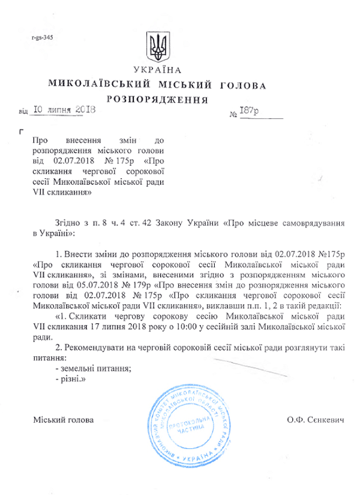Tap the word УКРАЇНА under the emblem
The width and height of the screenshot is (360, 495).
(x=158, y=71)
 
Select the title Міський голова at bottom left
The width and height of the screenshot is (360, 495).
(x=63, y=420)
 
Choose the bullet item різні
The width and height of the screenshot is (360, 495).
(x=70, y=380)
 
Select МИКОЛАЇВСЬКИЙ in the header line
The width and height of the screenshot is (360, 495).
(x=98, y=85)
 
